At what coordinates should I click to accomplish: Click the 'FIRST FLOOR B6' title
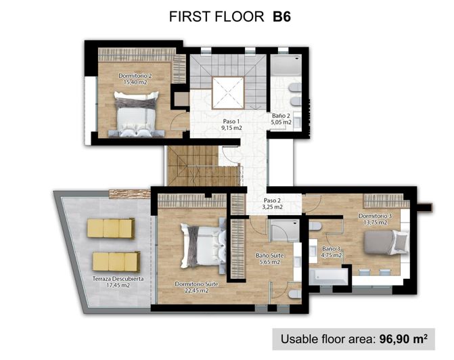[226, 18]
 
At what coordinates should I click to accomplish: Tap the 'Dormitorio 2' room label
[135, 75]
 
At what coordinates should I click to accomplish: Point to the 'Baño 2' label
[281, 117]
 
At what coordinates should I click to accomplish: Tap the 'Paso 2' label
[273, 201]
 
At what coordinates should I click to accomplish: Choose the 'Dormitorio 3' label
[373, 217]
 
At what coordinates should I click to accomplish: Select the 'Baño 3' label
[332, 248]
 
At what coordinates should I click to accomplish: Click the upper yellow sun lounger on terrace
[112, 228]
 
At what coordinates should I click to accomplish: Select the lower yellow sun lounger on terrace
[115, 261]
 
